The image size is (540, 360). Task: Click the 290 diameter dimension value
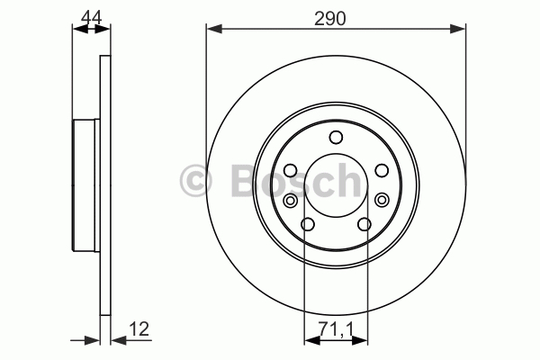click(329, 19)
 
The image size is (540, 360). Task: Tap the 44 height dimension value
click(92, 18)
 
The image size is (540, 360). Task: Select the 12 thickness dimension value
click(139, 328)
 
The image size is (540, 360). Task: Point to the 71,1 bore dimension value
click(336, 329)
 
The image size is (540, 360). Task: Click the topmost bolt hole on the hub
click(336, 137)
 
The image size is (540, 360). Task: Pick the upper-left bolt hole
click(291, 170)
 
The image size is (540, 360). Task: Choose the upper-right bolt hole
click(382, 170)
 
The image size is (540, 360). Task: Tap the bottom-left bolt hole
click(308, 225)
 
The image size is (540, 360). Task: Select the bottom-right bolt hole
click(364, 225)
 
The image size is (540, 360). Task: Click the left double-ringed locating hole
click(291, 200)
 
